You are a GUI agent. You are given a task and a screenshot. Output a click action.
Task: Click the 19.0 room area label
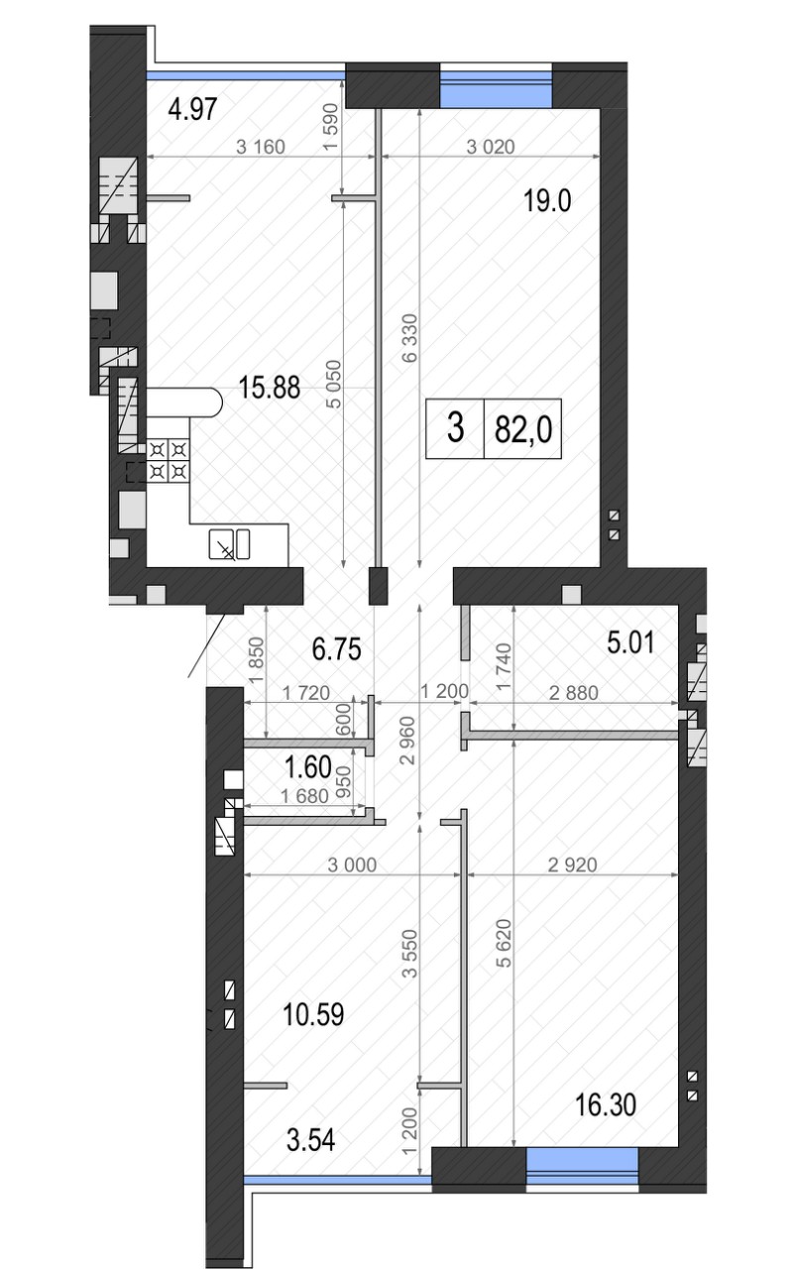click(x=547, y=201)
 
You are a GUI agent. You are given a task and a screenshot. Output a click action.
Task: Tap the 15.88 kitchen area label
click(x=269, y=388)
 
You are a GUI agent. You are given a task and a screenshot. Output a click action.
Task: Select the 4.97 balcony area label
click(x=192, y=109)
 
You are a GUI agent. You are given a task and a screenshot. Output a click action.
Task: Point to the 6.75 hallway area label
click(x=336, y=648)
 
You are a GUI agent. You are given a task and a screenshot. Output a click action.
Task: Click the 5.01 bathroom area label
click(x=630, y=642)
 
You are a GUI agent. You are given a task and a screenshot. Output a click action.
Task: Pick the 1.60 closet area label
click(x=308, y=767)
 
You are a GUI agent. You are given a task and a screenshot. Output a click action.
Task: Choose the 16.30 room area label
click(x=606, y=1104)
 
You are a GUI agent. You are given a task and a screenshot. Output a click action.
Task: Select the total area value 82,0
click(x=523, y=430)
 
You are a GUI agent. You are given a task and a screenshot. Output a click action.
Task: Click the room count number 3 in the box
click(x=455, y=427)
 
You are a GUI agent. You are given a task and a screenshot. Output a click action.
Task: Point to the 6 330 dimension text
click(x=409, y=338)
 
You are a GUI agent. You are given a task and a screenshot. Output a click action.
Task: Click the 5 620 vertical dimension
click(x=504, y=942)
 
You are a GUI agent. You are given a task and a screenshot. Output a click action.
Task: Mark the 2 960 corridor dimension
click(x=407, y=741)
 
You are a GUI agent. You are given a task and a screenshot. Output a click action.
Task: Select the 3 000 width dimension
click(x=352, y=865)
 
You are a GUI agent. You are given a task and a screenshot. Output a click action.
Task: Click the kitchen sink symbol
click(x=229, y=544)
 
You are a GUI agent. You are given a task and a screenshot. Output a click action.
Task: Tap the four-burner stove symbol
click(x=169, y=461)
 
